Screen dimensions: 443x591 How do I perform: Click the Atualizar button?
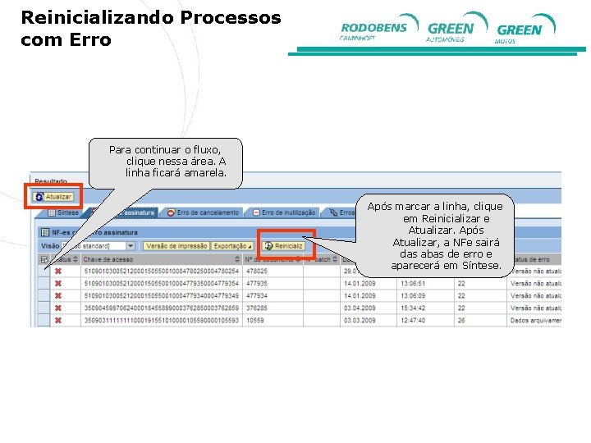point(53,197)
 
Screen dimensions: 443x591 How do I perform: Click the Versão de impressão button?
point(176,246)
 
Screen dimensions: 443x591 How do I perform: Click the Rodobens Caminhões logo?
point(373,30)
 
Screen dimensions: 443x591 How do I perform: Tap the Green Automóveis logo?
point(452,30)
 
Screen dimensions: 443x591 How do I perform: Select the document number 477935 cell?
point(256,283)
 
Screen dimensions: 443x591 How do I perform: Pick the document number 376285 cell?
point(256,308)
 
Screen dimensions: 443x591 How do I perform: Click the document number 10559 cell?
point(254,320)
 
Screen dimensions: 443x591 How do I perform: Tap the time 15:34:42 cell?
point(412,308)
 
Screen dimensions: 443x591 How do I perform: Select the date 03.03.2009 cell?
point(360,320)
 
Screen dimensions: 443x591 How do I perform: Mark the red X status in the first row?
point(58,271)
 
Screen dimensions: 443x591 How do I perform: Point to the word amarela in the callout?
point(203,173)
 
